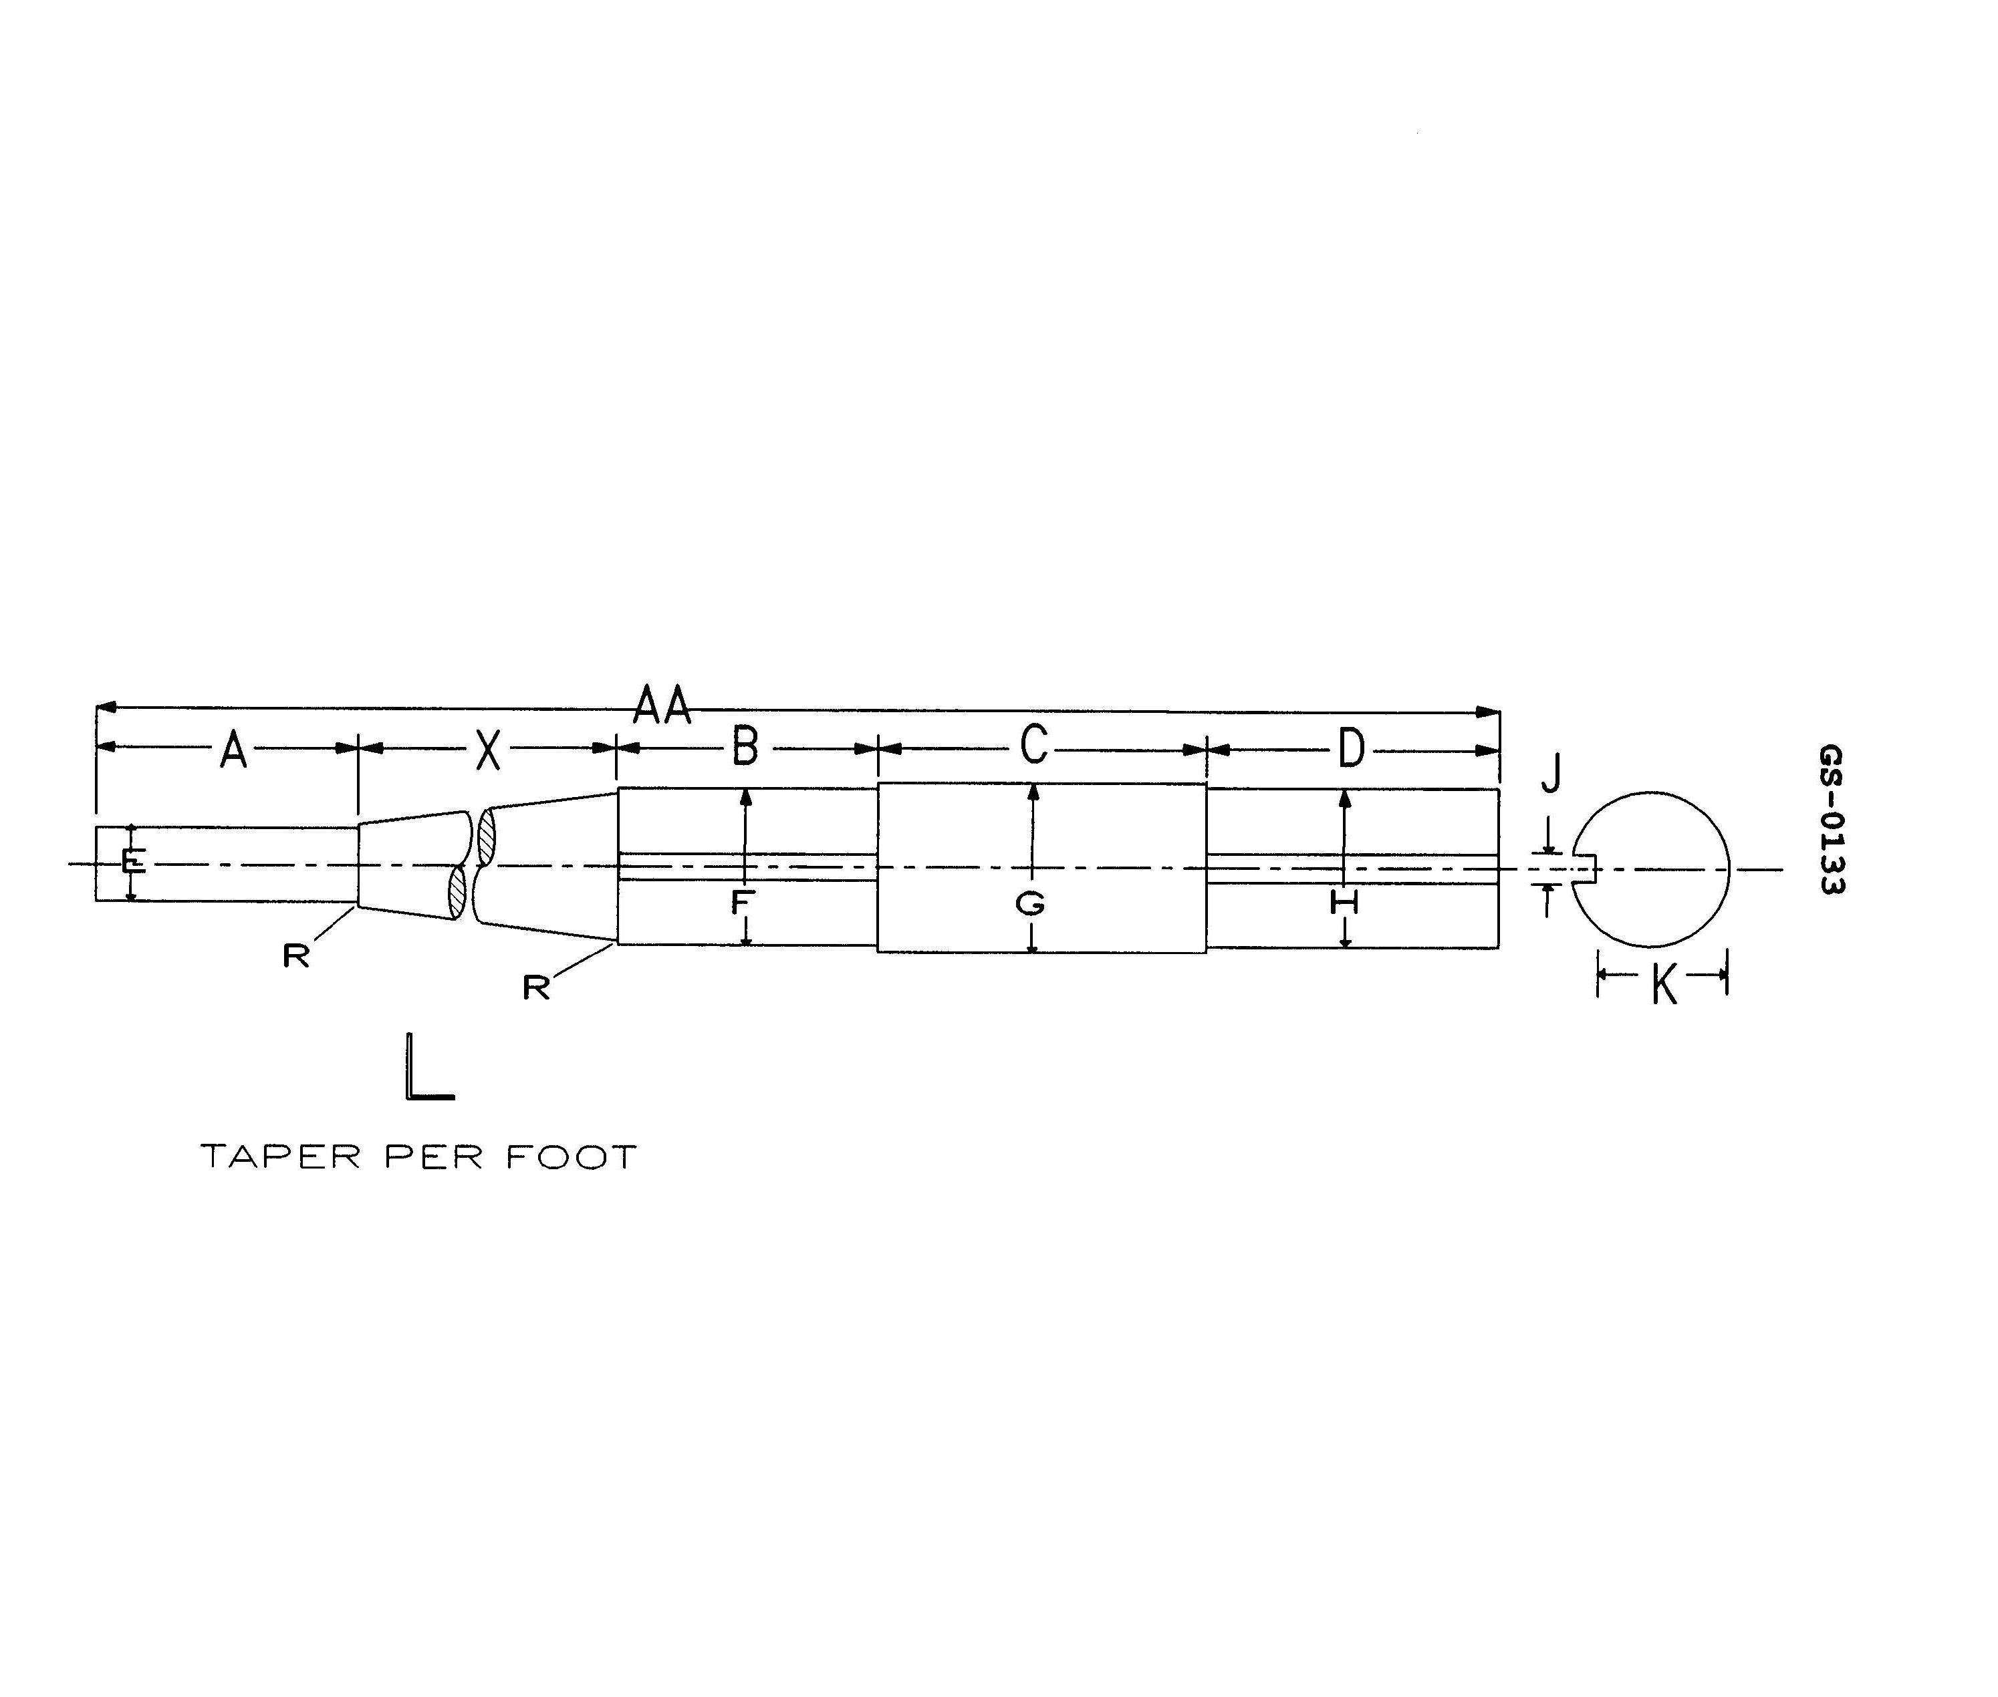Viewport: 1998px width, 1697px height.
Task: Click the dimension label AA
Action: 662,706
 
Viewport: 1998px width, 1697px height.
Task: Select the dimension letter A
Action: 233,750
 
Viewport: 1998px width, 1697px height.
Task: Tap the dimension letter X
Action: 489,750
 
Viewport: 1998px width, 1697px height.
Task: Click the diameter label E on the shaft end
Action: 134,862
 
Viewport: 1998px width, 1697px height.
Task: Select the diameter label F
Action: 742,903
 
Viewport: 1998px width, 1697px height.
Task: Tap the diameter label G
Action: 1030,903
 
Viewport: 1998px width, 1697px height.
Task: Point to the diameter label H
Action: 1343,903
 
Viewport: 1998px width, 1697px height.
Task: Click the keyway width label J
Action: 1550,774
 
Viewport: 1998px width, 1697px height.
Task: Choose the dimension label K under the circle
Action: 1663,985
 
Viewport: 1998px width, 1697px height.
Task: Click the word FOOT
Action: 572,1156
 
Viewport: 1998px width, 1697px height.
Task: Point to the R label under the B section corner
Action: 535,987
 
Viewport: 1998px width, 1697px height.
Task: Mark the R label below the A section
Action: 295,955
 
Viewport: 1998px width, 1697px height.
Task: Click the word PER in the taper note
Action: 433,1156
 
